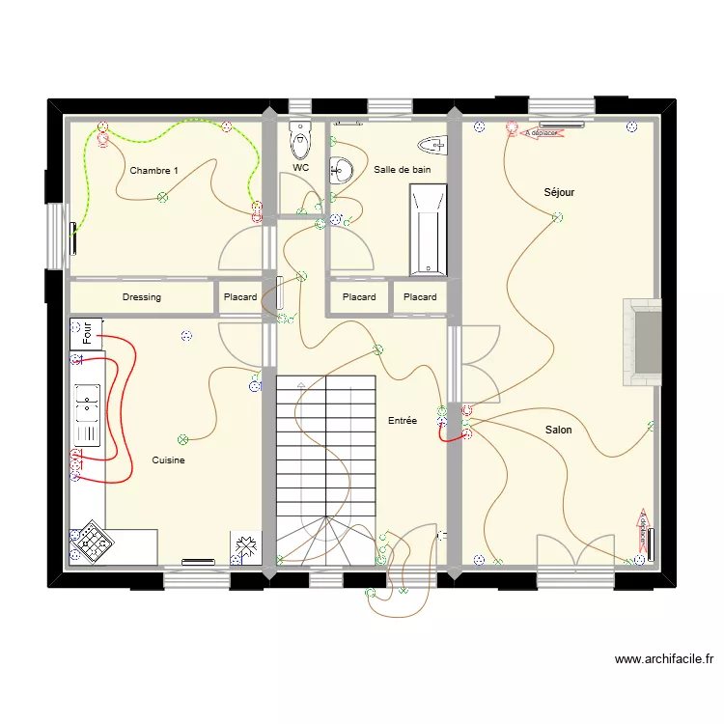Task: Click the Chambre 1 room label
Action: click(x=153, y=171)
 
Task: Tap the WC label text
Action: click(x=300, y=168)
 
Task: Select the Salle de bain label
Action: click(x=402, y=170)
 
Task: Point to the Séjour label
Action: click(x=559, y=192)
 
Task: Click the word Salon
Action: click(x=558, y=430)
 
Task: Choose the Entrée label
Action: click(x=402, y=421)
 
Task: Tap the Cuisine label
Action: click(x=168, y=460)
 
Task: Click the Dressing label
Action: click(x=142, y=297)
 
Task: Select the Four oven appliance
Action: click(x=87, y=334)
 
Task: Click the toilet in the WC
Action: click(x=300, y=142)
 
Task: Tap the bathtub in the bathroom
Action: click(x=428, y=231)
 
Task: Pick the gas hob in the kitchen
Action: click(x=91, y=543)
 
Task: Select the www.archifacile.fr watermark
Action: click(x=664, y=660)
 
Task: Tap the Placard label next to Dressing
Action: click(x=240, y=297)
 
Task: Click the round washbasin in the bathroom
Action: click(x=341, y=171)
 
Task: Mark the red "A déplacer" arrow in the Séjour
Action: click(x=540, y=132)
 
